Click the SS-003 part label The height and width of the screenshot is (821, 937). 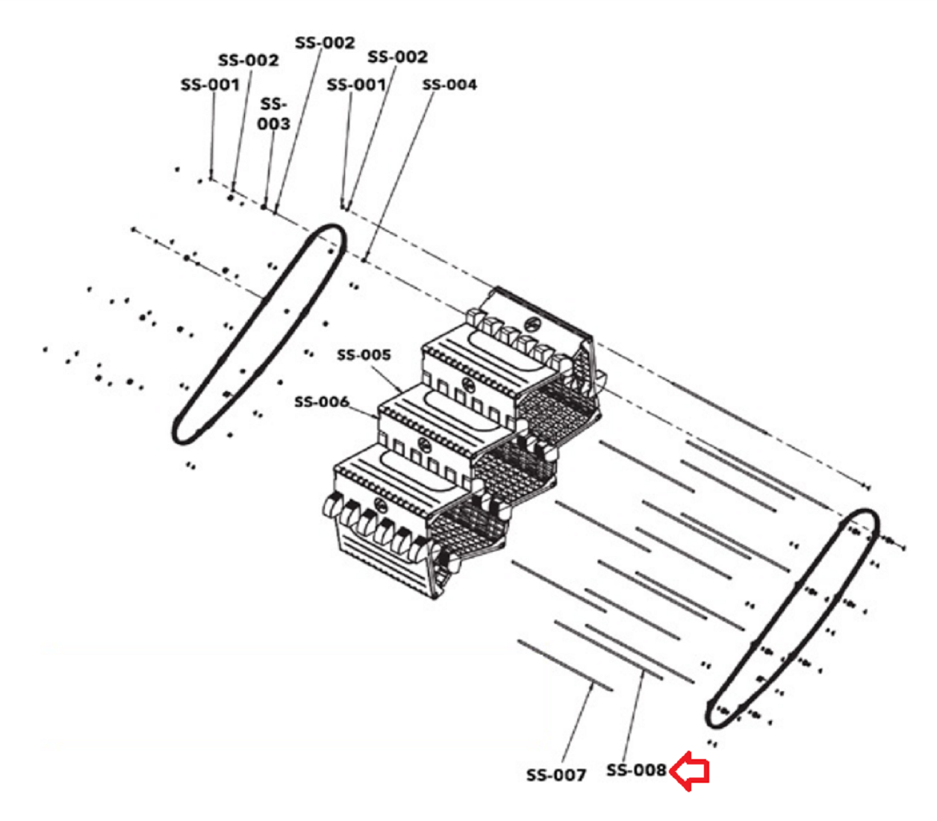click(273, 113)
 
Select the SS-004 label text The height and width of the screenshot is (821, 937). click(449, 84)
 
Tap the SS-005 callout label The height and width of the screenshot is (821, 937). click(364, 355)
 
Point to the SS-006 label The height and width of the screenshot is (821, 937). click(322, 402)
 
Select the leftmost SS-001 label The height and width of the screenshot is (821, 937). click(210, 84)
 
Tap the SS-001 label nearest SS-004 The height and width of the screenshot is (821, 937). click(356, 84)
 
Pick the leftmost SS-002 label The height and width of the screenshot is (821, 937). click(249, 60)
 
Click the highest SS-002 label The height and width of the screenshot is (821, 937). click(325, 43)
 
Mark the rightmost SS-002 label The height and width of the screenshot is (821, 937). click(397, 57)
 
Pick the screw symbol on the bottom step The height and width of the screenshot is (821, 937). click(379, 504)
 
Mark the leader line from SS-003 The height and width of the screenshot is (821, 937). click(269, 169)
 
